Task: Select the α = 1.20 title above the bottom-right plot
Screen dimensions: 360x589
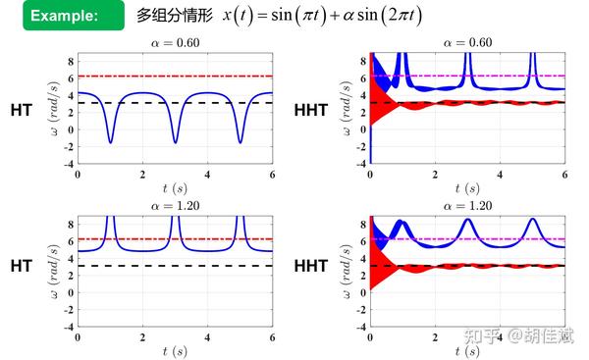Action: pos(466,206)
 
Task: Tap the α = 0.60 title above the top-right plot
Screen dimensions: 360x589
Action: pos(466,42)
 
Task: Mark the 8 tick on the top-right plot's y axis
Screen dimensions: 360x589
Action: pos(360,60)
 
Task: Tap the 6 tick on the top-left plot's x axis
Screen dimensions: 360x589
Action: pos(272,173)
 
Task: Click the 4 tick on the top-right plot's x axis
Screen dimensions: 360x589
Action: pos(500,173)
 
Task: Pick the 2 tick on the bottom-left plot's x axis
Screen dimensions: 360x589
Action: pos(142,336)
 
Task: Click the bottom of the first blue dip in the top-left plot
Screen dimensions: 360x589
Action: pos(110,142)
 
